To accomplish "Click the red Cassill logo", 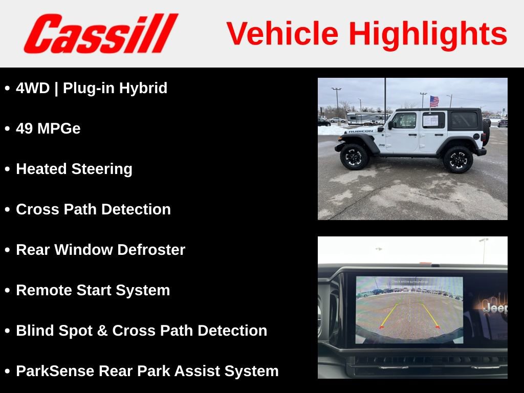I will [x=100, y=34].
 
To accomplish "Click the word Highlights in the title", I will [x=428, y=34].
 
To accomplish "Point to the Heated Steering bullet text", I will [x=74, y=169].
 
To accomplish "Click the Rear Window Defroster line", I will [x=100, y=250].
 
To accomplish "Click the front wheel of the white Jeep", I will [x=354, y=157].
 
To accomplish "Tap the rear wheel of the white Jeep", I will [x=458, y=160].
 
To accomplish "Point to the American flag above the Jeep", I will [x=434, y=101].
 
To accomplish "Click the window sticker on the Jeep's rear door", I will [x=430, y=121].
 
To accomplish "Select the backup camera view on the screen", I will [x=409, y=310].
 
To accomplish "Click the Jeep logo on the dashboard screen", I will [x=495, y=308].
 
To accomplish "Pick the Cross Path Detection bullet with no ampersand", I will [x=93, y=209].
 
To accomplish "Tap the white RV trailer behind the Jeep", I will [x=365, y=118].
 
